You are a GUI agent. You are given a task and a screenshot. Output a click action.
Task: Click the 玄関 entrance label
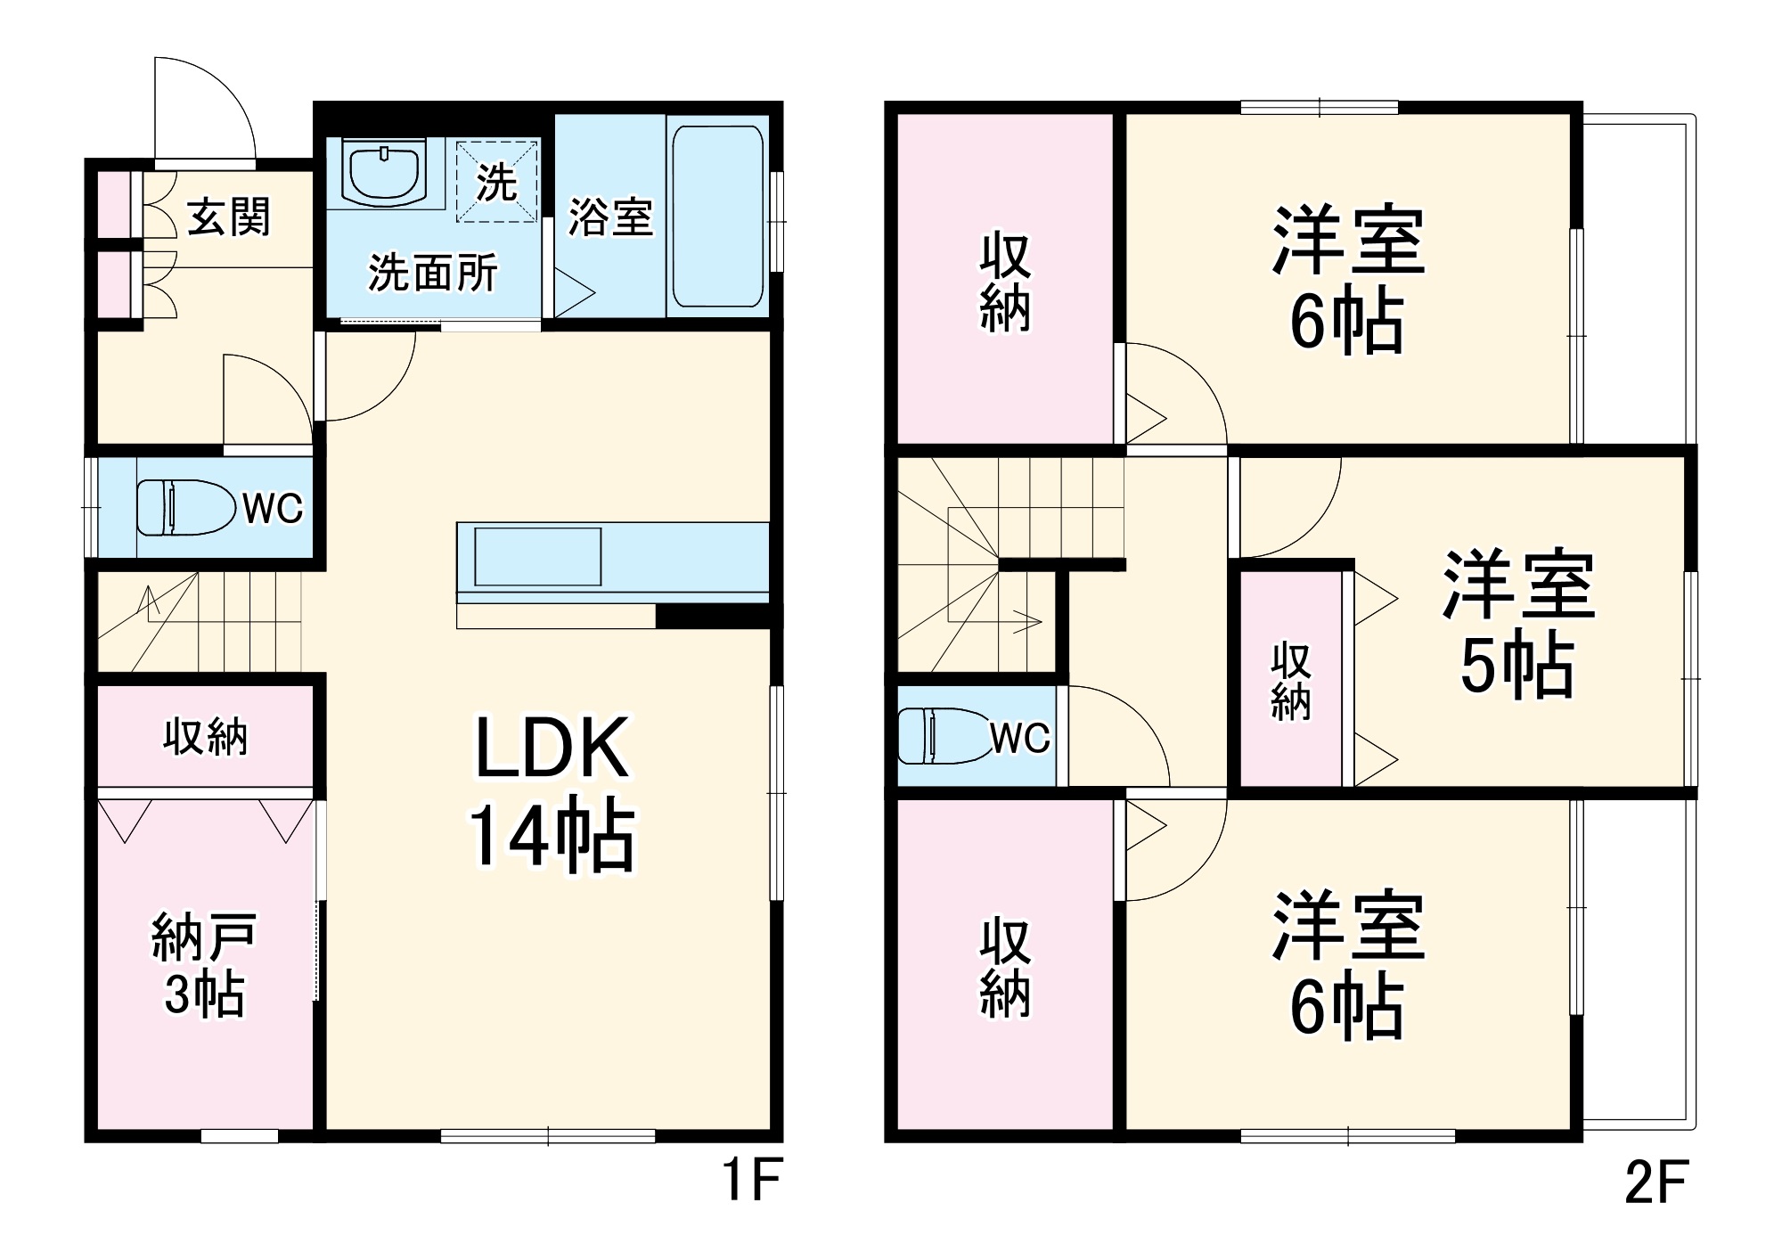228,217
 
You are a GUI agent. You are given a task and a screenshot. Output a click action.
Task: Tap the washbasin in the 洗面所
384,175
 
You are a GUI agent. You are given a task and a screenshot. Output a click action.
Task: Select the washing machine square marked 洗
497,182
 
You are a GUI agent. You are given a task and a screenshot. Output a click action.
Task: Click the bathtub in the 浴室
717,217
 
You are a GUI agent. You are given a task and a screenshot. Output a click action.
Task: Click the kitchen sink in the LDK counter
537,556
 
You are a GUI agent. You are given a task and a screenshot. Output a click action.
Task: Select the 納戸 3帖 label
204,965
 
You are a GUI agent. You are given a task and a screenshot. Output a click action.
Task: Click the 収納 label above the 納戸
205,737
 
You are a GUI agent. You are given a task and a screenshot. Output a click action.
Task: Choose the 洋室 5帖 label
1517,624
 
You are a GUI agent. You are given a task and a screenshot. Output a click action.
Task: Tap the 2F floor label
1655,1182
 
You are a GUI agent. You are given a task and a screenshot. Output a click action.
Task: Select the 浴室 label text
610,217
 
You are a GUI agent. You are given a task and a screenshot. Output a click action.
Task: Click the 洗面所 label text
433,273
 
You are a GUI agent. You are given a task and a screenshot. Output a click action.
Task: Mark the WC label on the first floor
273,509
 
